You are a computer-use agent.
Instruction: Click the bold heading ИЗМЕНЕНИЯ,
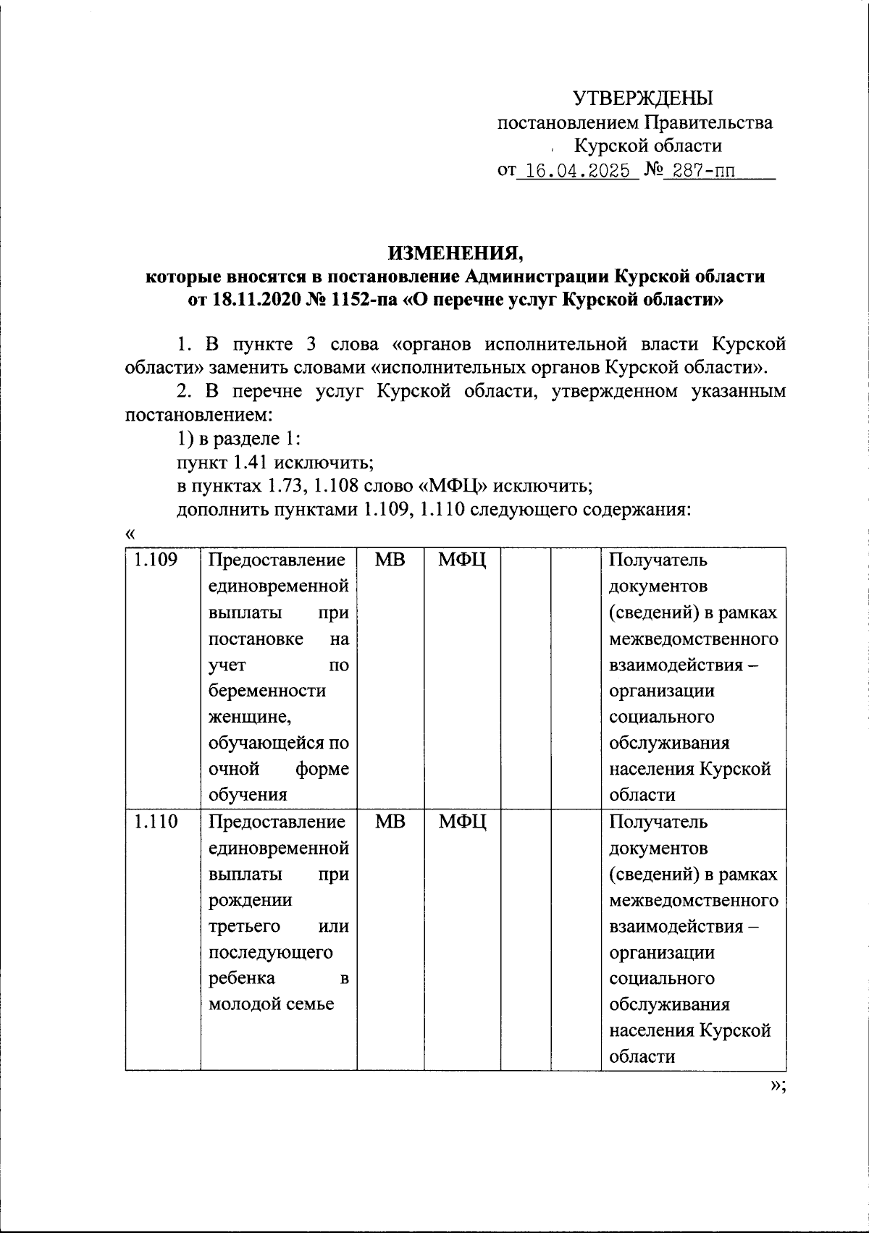[455, 253]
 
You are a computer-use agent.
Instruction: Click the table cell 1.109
[155, 560]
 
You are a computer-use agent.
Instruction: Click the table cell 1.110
[155, 822]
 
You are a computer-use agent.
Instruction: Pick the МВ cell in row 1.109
[390, 560]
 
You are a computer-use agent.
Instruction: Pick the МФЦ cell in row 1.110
[462, 822]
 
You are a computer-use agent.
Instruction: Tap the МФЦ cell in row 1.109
[462, 560]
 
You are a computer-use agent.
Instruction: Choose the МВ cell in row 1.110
[390, 822]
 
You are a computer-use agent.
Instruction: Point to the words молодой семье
[271, 1004]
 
